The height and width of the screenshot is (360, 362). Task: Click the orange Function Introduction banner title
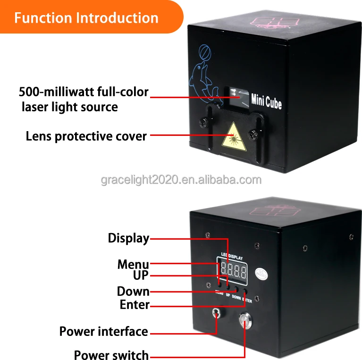[86, 18]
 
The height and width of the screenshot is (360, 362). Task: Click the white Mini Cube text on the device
[266, 100]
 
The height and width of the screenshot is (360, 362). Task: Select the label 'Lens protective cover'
[86, 136]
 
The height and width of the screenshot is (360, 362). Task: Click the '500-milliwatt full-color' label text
[84, 92]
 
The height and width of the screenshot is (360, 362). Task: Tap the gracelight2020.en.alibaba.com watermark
[181, 180]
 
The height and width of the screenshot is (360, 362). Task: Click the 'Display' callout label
[128, 238]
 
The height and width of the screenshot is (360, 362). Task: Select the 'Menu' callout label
[133, 264]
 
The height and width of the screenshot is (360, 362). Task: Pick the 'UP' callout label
[141, 275]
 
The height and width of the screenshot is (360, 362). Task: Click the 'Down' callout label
[133, 291]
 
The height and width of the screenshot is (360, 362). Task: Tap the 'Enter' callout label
[135, 304]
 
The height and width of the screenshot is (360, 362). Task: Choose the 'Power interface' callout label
[103, 331]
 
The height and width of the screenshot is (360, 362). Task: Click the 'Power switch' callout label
[111, 355]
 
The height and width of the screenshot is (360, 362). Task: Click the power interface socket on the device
[216, 313]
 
